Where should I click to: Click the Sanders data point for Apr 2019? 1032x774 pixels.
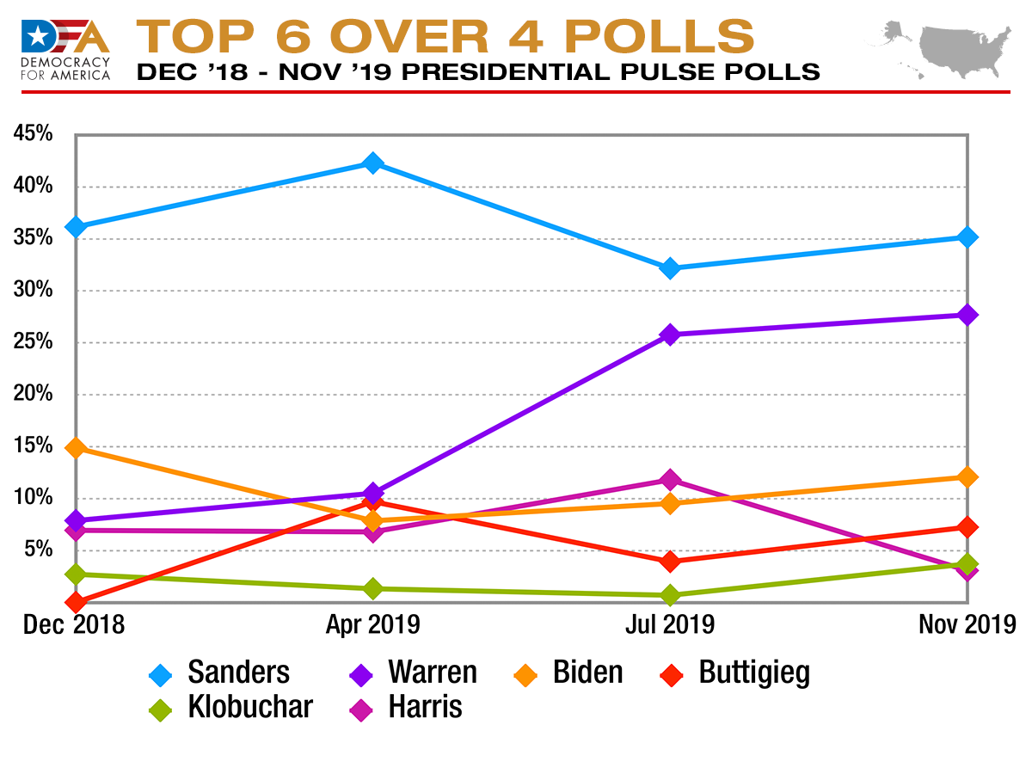click(372, 163)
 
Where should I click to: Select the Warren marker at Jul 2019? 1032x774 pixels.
click(670, 335)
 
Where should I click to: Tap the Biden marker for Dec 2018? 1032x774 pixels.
click(76, 448)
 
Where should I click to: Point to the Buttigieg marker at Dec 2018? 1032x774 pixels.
click(76, 602)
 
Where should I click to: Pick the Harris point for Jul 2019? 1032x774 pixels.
click(670, 479)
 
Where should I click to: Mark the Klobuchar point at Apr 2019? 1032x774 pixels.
click(372, 588)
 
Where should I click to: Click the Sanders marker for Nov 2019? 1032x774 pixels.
click(967, 236)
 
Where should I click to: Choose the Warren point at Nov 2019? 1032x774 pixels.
click(967, 315)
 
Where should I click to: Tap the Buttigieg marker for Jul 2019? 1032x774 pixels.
click(670, 562)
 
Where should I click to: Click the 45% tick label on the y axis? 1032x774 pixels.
click(33, 134)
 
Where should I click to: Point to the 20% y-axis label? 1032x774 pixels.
click(33, 395)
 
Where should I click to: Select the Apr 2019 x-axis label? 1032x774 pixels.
click(372, 624)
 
